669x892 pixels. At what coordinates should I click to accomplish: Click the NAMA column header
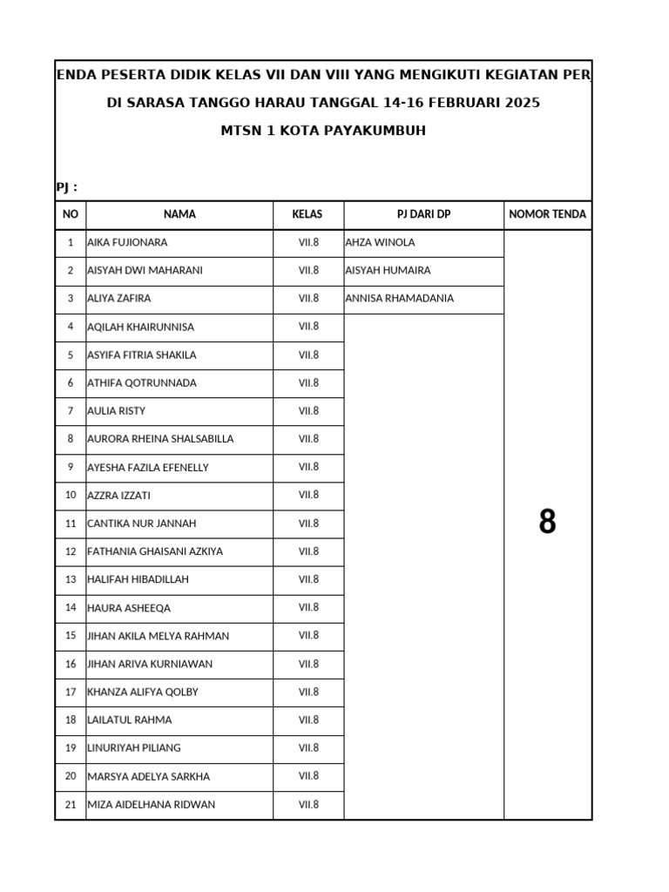179,214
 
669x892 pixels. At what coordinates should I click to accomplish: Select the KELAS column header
308,214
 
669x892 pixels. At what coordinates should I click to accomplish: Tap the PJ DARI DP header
423,214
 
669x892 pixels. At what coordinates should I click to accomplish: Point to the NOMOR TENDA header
547,214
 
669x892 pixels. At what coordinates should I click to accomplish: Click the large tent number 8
547,523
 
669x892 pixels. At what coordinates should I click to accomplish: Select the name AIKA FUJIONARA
127,243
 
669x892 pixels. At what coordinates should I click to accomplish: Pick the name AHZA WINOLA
380,243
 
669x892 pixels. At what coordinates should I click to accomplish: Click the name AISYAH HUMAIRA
388,271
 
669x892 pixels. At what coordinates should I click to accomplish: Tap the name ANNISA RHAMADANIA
399,299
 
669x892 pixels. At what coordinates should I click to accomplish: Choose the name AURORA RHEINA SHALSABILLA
160,439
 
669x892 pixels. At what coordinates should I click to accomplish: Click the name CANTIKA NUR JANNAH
141,524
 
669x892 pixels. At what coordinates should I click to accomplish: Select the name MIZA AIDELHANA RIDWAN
151,805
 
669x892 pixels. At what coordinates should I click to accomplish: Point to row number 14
71,608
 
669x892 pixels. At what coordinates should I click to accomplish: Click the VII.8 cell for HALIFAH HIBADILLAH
308,579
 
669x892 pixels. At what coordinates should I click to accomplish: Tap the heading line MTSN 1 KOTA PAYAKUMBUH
323,132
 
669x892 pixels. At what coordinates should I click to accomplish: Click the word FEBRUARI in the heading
463,104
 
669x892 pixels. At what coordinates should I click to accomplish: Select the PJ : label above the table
67,187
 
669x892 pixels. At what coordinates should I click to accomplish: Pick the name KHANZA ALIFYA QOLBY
143,693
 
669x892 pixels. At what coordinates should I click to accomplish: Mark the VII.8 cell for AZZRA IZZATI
308,495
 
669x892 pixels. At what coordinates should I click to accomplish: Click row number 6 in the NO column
71,383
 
